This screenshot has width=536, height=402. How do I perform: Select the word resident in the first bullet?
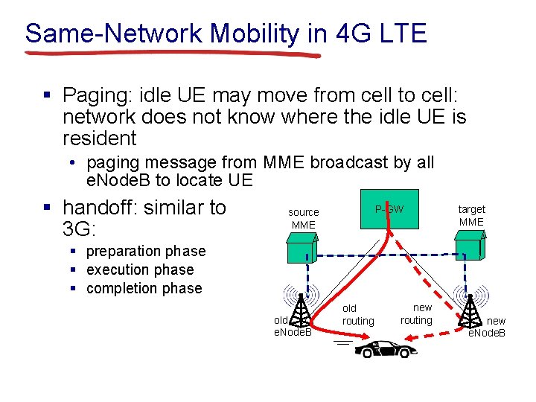point(100,138)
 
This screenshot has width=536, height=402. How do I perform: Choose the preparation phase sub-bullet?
point(146,252)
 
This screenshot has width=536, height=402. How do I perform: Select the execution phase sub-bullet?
point(140,269)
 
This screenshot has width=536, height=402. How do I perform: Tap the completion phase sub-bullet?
point(144,288)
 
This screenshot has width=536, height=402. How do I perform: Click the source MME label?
point(303,218)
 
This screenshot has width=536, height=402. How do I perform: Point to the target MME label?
point(471,215)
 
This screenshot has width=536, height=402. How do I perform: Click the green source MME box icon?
point(302,249)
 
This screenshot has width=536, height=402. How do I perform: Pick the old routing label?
point(358,314)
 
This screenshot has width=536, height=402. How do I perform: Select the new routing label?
point(416,313)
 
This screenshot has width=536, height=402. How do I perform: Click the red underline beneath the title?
point(171,54)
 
